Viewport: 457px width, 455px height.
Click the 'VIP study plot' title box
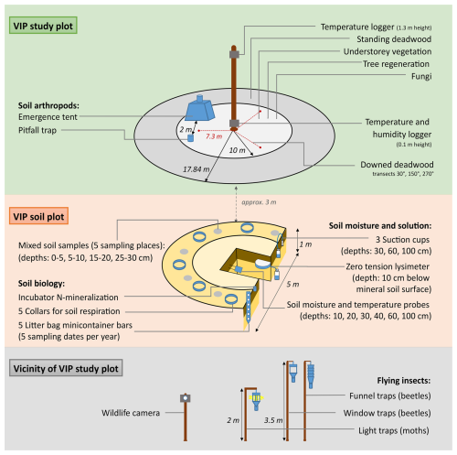pyautogui.click(x=43, y=26)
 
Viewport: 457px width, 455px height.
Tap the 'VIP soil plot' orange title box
pyautogui.click(x=38, y=216)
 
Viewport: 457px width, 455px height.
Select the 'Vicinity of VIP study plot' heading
pyautogui.click(x=66, y=368)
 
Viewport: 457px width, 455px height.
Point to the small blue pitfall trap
pyautogui.click(x=190, y=137)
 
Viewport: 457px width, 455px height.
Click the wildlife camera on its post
pyautogui.click(x=186, y=398)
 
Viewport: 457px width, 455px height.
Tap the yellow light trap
pyautogui.click(x=256, y=399)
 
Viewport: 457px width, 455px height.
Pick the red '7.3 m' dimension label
pyautogui.click(x=214, y=136)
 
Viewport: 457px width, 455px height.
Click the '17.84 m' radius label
pyautogui.click(x=196, y=169)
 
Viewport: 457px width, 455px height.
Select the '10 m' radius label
pyautogui.click(x=238, y=150)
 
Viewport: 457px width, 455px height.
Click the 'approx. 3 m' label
pyautogui.click(x=259, y=202)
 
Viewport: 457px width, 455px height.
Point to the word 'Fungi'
pyautogui.click(x=421, y=76)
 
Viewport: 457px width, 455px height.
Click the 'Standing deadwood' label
pyautogui.click(x=394, y=39)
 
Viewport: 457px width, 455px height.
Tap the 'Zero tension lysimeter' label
pyautogui.click(x=388, y=266)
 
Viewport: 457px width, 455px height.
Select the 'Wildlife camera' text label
pyautogui.click(x=131, y=413)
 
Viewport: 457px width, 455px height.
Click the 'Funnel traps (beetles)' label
pyautogui.click(x=390, y=395)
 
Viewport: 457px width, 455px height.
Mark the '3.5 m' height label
pyautogui.click(x=273, y=420)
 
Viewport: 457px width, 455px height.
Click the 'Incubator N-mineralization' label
pyautogui.click(x=69, y=297)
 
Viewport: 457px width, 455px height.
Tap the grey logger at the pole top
pyautogui.click(x=234, y=55)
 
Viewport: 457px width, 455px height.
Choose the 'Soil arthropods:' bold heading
pyautogui.click(x=48, y=105)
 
